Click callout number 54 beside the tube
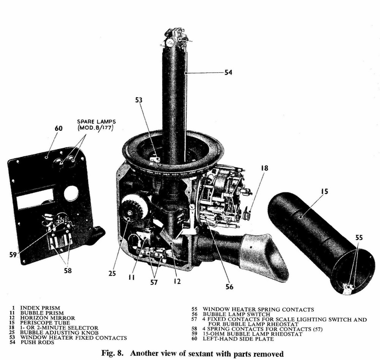pyautogui.click(x=228, y=72)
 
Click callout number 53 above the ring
pyautogui.click(x=139, y=100)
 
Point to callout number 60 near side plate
pyautogui.click(x=58, y=128)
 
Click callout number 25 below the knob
pyautogui.click(x=111, y=273)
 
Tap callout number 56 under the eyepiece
pyautogui.click(x=229, y=287)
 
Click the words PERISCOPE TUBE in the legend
pyautogui.click(x=46, y=323)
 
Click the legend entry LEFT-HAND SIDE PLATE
pyautogui.click(x=238, y=339)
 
